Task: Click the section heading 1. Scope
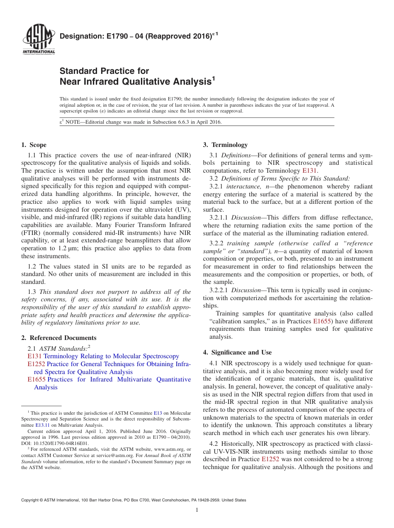pyautogui.click(x=34, y=145)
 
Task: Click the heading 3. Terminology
pyautogui.click(x=225, y=145)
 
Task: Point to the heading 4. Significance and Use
pyautogui.click(x=237, y=352)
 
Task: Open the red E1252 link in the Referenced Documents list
pyautogui.click(x=36, y=364)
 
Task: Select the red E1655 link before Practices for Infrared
pyautogui.click(x=36, y=379)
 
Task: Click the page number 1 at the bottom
pyautogui.click(x=197, y=510)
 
